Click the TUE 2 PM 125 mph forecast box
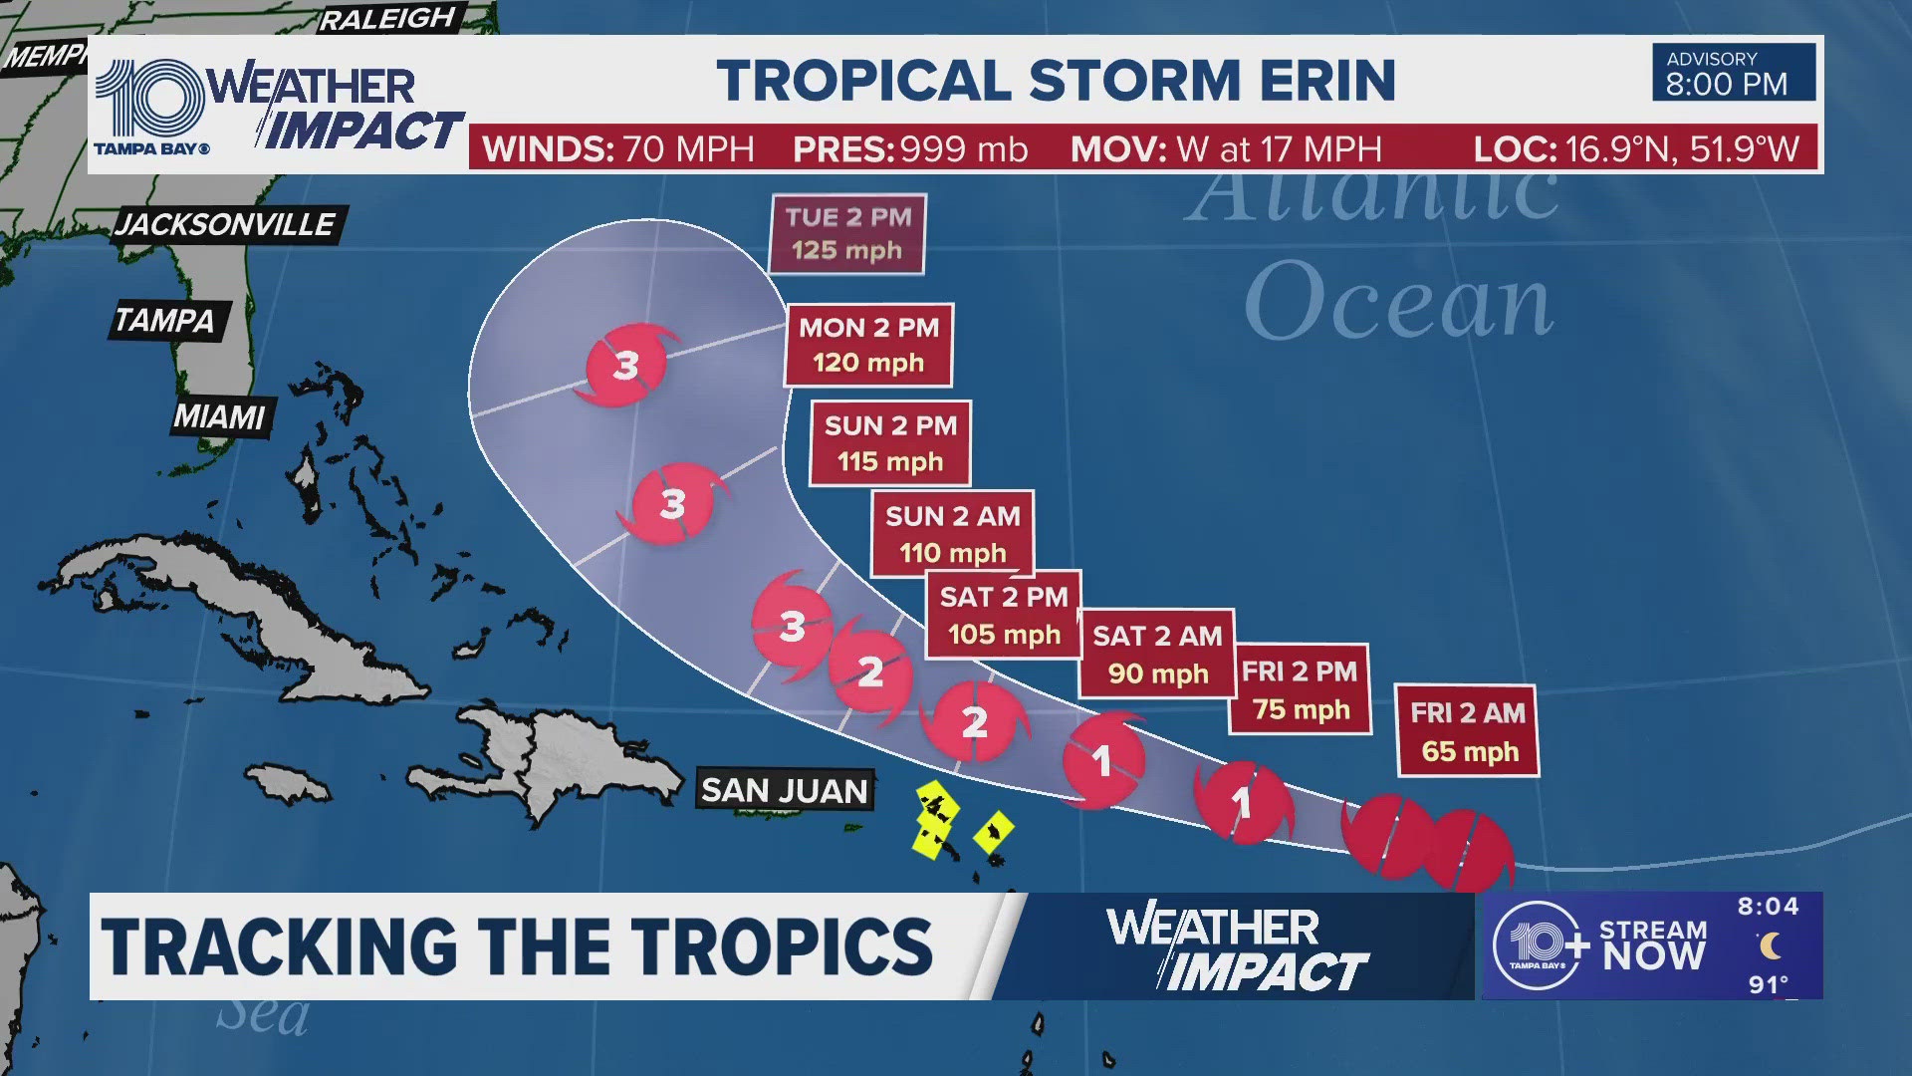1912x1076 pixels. (847, 234)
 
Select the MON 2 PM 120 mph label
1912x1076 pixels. (868, 345)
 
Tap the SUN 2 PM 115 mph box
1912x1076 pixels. (890, 443)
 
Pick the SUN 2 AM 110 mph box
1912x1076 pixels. (952, 534)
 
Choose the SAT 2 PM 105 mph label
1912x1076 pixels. (1003, 615)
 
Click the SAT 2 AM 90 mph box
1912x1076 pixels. (1157, 654)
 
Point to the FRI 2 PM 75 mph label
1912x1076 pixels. (1300, 689)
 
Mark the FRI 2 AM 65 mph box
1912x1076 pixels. (1468, 731)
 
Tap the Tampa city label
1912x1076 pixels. (165, 320)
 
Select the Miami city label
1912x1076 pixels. (220, 416)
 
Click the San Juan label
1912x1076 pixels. (785, 790)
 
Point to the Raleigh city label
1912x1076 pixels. (386, 19)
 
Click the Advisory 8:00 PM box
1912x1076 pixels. (1733, 73)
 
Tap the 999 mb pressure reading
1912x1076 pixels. (963, 149)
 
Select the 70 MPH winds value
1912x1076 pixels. (688, 149)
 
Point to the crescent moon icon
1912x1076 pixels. (1769, 945)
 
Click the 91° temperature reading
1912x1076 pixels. (1768, 984)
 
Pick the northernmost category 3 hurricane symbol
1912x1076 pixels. (624, 366)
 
